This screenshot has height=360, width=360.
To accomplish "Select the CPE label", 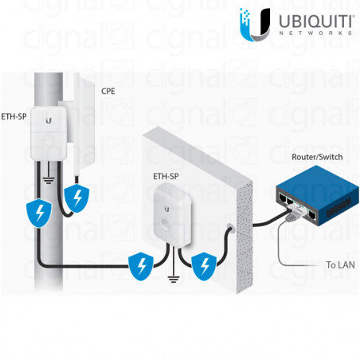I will coord(108,92).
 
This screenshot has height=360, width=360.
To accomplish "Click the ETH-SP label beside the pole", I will coord(14,117).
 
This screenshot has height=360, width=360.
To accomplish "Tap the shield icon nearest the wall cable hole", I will coord(205,264).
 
